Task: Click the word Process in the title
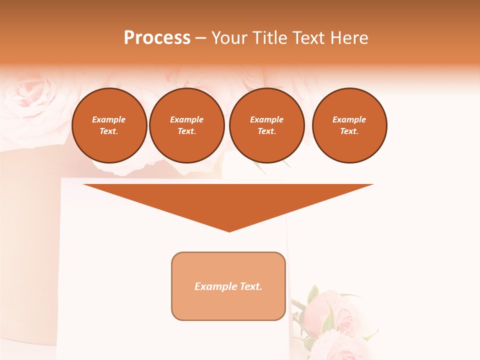(x=157, y=37)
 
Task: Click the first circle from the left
(x=109, y=125)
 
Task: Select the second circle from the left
(x=187, y=125)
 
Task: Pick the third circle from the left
(x=267, y=125)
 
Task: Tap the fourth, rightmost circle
(x=349, y=125)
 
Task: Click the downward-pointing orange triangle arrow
(x=228, y=202)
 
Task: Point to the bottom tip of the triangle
(x=229, y=231)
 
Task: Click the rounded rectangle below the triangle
(x=228, y=286)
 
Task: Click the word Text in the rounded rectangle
(x=251, y=286)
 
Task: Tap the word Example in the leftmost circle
(x=109, y=119)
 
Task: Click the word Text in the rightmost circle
(x=349, y=131)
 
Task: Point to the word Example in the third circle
(x=267, y=119)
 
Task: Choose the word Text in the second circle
(x=186, y=131)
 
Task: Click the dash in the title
(x=200, y=38)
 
